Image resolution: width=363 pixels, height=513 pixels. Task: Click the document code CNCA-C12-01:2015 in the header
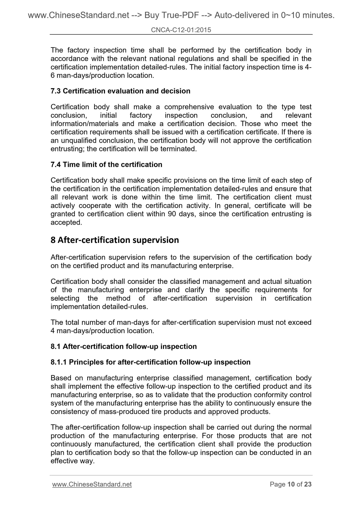pyautogui.click(x=181, y=30)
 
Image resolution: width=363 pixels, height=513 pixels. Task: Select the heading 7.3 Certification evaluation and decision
pyautogui.click(x=120, y=91)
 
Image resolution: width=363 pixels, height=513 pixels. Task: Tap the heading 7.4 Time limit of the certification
pyautogui.click(x=106, y=165)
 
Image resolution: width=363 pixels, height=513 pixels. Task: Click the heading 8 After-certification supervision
pyautogui.click(x=115, y=240)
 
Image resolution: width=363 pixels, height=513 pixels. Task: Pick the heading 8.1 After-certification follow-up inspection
pyautogui.click(x=124, y=347)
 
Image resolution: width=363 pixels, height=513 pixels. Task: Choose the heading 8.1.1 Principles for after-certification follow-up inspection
pyautogui.click(x=150, y=362)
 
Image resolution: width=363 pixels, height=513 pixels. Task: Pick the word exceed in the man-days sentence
pyautogui.click(x=300, y=323)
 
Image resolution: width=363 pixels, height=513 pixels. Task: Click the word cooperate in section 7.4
pyautogui.click(x=95, y=206)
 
